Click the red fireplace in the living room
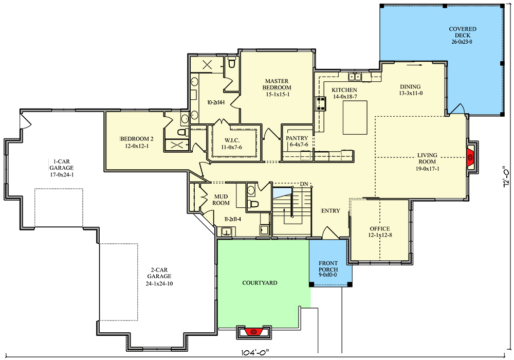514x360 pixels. pyautogui.click(x=470, y=158)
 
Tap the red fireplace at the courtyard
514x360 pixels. pyautogui.click(x=253, y=332)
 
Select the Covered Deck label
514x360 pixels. pyautogui.click(x=463, y=32)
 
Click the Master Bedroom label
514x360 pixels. pyautogui.click(x=277, y=84)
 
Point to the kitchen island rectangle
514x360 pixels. pyautogui.click(x=355, y=118)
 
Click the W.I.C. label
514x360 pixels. pyautogui.click(x=232, y=140)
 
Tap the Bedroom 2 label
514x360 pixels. pyautogui.click(x=137, y=139)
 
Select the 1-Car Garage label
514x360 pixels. pyautogui.click(x=62, y=165)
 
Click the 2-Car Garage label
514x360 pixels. pyautogui.click(x=159, y=273)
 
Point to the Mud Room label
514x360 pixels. pyautogui.click(x=221, y=200)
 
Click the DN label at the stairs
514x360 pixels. pyautogui.click(x=304, y=184)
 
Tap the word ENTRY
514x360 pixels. pyautogui.click(x=331, y=211)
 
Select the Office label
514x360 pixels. pyautogui.click(x=380, y=228)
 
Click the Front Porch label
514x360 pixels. pyautogui.click(x=328, y=266)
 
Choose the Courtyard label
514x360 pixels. pyautogui.click(x=260, y=283)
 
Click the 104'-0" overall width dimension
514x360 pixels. pyautogui.click(x=255, y=353)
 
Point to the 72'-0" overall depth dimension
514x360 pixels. pyautogui.click(x=506, y=178)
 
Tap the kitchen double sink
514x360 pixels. pyautogui.click(x=355, y=77)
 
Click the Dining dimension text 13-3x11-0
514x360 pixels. pyautogui.click(x=411, y=93)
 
